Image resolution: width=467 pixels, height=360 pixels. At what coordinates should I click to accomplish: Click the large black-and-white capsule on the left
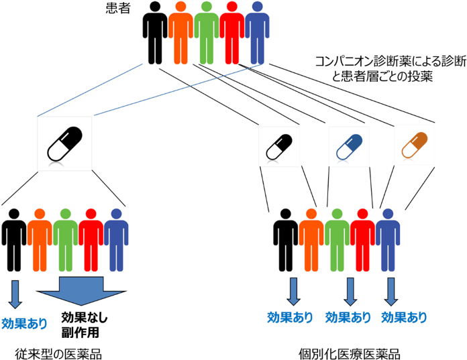point(64,143)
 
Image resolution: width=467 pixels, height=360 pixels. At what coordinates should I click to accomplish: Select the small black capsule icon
point(279,147)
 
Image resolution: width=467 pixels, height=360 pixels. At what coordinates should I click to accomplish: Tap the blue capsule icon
point(349,147)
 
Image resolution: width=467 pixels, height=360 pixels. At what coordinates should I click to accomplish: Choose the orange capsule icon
point(414,144)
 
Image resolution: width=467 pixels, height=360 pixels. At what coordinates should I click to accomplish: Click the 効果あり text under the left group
point(25,324)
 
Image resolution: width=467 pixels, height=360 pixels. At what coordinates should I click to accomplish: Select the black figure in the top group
point(155,34)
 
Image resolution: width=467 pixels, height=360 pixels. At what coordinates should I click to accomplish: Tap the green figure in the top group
point(207,34)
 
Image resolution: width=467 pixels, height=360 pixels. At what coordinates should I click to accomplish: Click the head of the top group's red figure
point(233,7)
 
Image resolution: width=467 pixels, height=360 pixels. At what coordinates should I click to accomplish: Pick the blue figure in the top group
point(257,34)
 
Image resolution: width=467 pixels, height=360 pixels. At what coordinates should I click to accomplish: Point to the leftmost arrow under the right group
point(293,292)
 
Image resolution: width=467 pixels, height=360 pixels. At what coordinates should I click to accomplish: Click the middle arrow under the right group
point(350,292)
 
